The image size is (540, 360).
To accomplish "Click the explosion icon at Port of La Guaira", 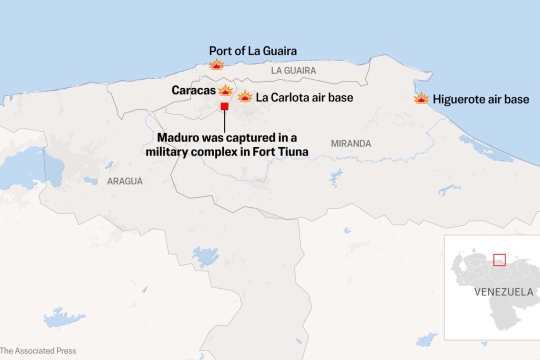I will click(216, 64).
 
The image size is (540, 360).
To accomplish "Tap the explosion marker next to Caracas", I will click(226, 90).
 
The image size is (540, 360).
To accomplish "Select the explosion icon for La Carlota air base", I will click(245, 96).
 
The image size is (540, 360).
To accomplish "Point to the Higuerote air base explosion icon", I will click(421, 98).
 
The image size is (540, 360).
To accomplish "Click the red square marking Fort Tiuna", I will click(224, 106).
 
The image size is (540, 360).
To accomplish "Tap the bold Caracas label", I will click(194, 90).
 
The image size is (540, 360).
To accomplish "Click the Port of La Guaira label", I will click(253, 50).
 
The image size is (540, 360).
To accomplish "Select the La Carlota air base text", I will click(304, 97).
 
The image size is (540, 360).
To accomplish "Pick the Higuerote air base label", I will click(480, 99).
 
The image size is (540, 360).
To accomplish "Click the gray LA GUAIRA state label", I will click(293, 70).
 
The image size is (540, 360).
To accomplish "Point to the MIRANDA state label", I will click(351, 143).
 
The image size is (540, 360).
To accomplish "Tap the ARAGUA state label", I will click(124, 181).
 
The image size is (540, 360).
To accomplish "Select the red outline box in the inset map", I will click(499, 260).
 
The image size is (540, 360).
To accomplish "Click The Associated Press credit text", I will click(38, 351).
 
